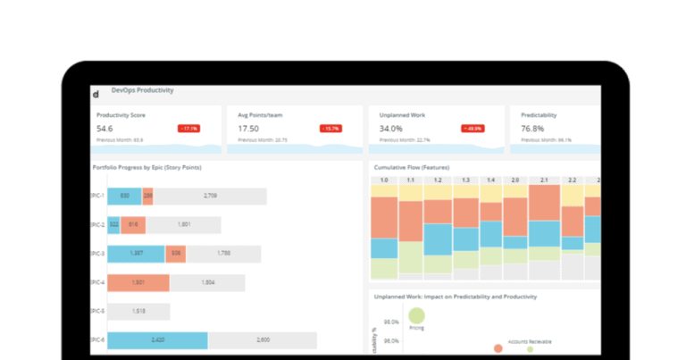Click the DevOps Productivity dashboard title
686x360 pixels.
[142, 90]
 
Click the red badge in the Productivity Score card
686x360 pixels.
[189, 128]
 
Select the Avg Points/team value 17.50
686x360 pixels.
[248, 128]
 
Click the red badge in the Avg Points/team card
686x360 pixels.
[330, 128]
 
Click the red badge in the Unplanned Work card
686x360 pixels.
[473, 128]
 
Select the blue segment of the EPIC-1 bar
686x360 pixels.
[125, 196]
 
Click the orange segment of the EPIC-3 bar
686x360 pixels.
[176, 254]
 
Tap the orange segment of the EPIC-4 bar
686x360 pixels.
[138, 282]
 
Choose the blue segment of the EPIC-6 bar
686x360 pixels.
[158, 340]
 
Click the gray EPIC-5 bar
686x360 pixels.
[138, 312]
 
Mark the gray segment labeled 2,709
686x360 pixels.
[210, 196]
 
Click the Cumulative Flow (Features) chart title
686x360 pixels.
[411, 167]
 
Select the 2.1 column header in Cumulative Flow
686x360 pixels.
[544, 180]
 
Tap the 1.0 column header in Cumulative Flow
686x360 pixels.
[384, 180]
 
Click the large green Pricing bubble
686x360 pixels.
[416, 314]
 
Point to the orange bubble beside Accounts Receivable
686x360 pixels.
[498, 348]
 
